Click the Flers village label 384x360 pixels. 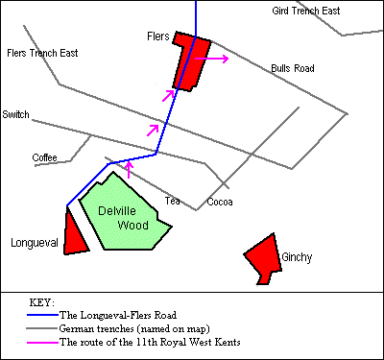point(157,36)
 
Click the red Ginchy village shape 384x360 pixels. point(262,257)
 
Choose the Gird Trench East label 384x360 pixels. point(306,11)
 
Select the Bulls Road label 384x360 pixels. point(292,69)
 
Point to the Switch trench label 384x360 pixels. point(15,114)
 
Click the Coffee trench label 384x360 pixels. point(45,157)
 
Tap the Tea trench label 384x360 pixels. point(172,202)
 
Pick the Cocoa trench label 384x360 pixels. point(220,202)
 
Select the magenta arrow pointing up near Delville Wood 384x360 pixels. point(129,169)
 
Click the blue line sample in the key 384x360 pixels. point(42,314)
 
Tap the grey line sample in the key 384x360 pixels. point(42,327)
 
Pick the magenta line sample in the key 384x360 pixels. point(42,341)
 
